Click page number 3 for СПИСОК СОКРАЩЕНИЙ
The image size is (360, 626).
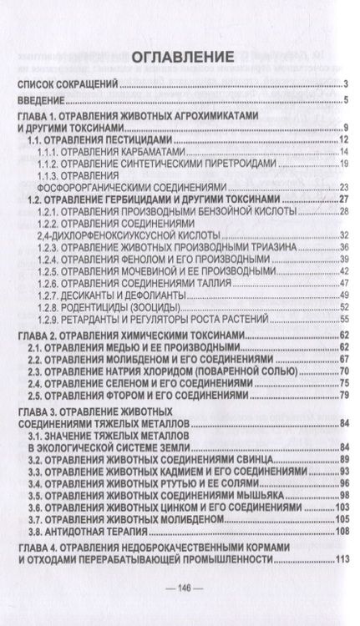[x=345, y=84]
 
